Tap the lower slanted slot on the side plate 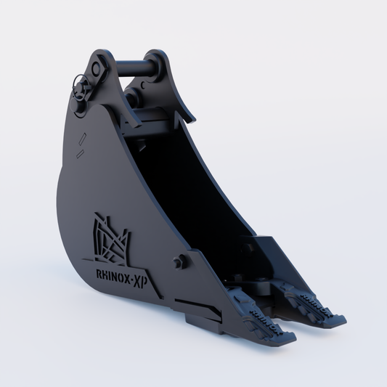coord(82,151)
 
